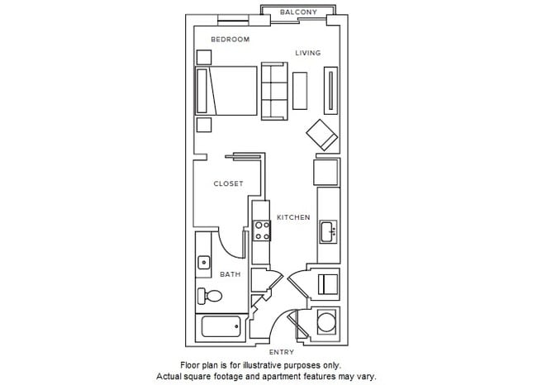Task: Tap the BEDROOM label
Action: pyautogui.click(x=230, y=39)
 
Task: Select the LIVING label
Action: pyautogui.click(x=308, y=53)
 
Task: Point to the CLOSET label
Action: pyautogui.click(x=228, y=183)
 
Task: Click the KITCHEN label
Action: pyautogui.click(x=293, y=217)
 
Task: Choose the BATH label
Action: pyautogui.click(x=230, y=274)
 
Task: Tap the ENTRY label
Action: pyautogui.click(x=282, y=352)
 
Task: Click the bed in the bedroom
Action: pyautogui.click(x=226, y=91)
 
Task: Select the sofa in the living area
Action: pyautogui.click(x=273, y=91)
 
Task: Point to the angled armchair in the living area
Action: pyautogui.click(x=321, y=134)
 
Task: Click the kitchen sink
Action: pyautogui.click(x=327, y=230)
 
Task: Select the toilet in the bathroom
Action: pyautogui.click(x=210, y=296)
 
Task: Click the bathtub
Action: pyautogui.click(x=220, y=327)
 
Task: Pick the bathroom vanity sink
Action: pyautogui.click(x=203, y=263)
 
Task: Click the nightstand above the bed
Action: pyautogui.click(x=203, y=56)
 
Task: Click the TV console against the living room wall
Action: pyautogui.click(x=331, y=91)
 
